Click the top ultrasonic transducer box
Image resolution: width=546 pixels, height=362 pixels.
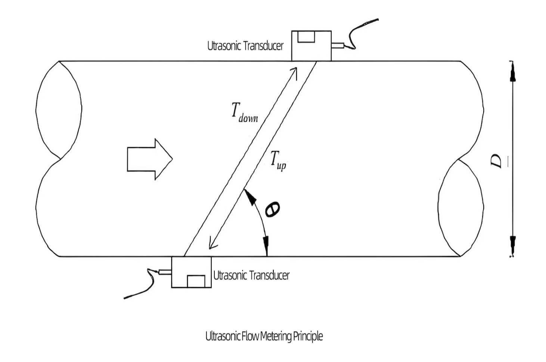(311, 46)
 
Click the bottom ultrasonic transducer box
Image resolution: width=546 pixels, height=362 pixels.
(191, 272)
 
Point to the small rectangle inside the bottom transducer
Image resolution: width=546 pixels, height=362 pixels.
(196, 281)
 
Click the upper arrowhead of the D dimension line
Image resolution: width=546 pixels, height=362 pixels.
(512, 73)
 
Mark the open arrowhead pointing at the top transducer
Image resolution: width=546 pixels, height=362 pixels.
(294, 72)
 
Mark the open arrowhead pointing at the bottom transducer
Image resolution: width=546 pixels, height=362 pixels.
(213, 243)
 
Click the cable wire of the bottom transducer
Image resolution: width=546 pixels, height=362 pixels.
(142, 288)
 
